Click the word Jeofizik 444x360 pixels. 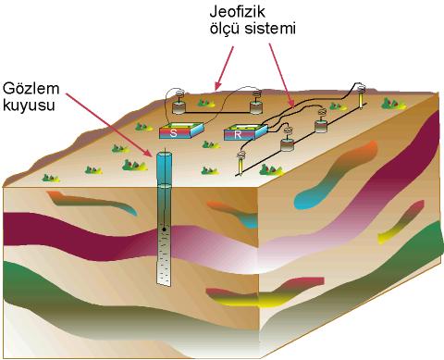point(238,12)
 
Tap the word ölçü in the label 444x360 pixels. point(225,29)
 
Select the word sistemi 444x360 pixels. point(270,29)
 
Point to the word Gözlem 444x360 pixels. point(31,89)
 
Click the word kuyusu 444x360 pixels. point(29,105)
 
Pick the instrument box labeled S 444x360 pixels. point(181,130)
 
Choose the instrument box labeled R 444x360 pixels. point(246,132)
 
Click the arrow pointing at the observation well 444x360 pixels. point(108,124)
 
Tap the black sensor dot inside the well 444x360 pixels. point(164,230)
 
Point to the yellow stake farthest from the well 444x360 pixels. point(361,95)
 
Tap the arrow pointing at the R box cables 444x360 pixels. point(281,75)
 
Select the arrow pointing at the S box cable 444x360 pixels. point(224,68)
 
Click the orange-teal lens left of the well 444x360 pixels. point(92,203)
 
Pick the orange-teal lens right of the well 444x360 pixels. point(234,214)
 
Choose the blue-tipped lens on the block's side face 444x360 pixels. point(335,176)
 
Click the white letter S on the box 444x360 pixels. point(173,133)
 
